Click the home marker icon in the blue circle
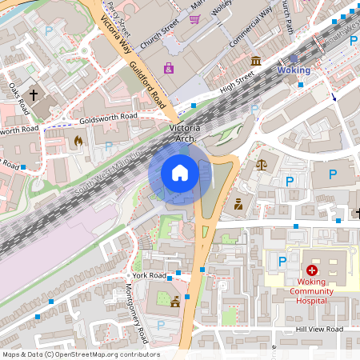180,173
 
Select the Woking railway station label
293,70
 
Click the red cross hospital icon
311,272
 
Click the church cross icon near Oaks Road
33,94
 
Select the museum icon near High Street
255,61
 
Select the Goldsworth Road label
103,120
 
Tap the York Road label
150,275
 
